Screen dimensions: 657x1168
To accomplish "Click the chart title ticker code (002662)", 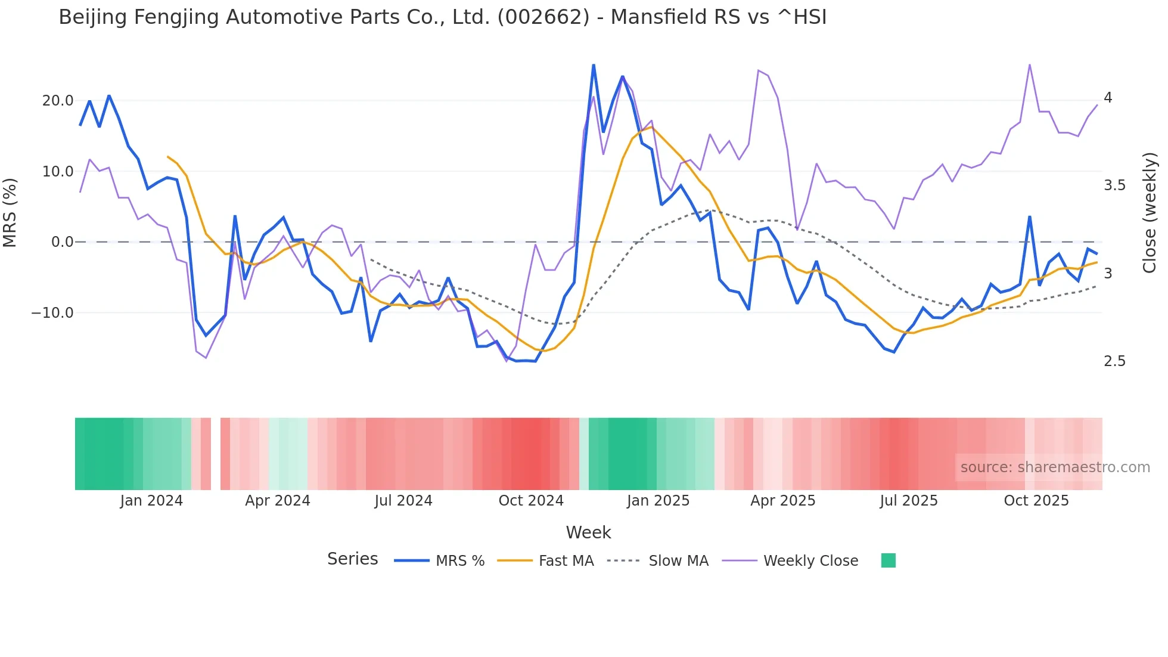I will [543, 17].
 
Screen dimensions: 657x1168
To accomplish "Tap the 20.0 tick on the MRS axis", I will [58, 101].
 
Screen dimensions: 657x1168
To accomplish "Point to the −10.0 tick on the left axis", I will [52, 313].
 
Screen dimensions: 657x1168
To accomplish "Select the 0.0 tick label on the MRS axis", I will [62, 242].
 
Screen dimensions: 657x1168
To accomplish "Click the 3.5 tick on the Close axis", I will [1114, 185].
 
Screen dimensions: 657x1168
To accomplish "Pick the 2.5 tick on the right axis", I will [1114, 361].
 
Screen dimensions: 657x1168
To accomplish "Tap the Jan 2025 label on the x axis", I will [658, 501].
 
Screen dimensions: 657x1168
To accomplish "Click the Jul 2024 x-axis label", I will [403, 501].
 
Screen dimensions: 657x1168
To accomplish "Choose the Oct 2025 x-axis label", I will [1036, 501].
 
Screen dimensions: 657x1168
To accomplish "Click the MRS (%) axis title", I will [10, 213].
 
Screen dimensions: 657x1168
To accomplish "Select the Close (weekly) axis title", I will [1150, 213].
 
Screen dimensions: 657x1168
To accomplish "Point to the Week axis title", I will [588, 532].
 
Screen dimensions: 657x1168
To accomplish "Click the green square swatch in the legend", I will [889, 560].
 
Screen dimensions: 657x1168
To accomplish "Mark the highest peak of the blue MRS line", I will [594, 65].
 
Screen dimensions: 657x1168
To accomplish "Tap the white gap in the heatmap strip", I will [216, 454].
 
